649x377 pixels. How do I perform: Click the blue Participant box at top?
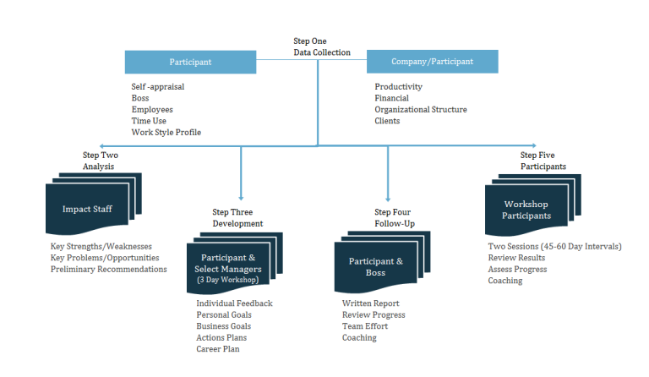[x=190, y=62]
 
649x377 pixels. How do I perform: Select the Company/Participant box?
[x=432, y=62]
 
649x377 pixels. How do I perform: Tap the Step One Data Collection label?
[x=321, y=46]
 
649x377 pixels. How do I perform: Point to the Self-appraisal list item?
[x=157, y=87]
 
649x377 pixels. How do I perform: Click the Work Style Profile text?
[x=166, y=133]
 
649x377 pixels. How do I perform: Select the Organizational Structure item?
[x=420, y=110]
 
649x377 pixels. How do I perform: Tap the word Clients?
[x=387, y=121]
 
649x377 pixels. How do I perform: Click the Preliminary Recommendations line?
[x=108, y=270]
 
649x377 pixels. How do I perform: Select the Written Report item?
[x=370, y=303]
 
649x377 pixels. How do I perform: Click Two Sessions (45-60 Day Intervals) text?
[x=554, y=247]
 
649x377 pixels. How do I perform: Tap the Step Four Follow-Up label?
[x=394, y=217]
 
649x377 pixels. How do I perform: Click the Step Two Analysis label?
[x=100, y=161]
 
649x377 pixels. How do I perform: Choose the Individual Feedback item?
[x=234, y=303]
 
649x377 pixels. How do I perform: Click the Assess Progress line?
[x=517, y=270]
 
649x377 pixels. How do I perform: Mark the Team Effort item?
[x=365, y=326]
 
